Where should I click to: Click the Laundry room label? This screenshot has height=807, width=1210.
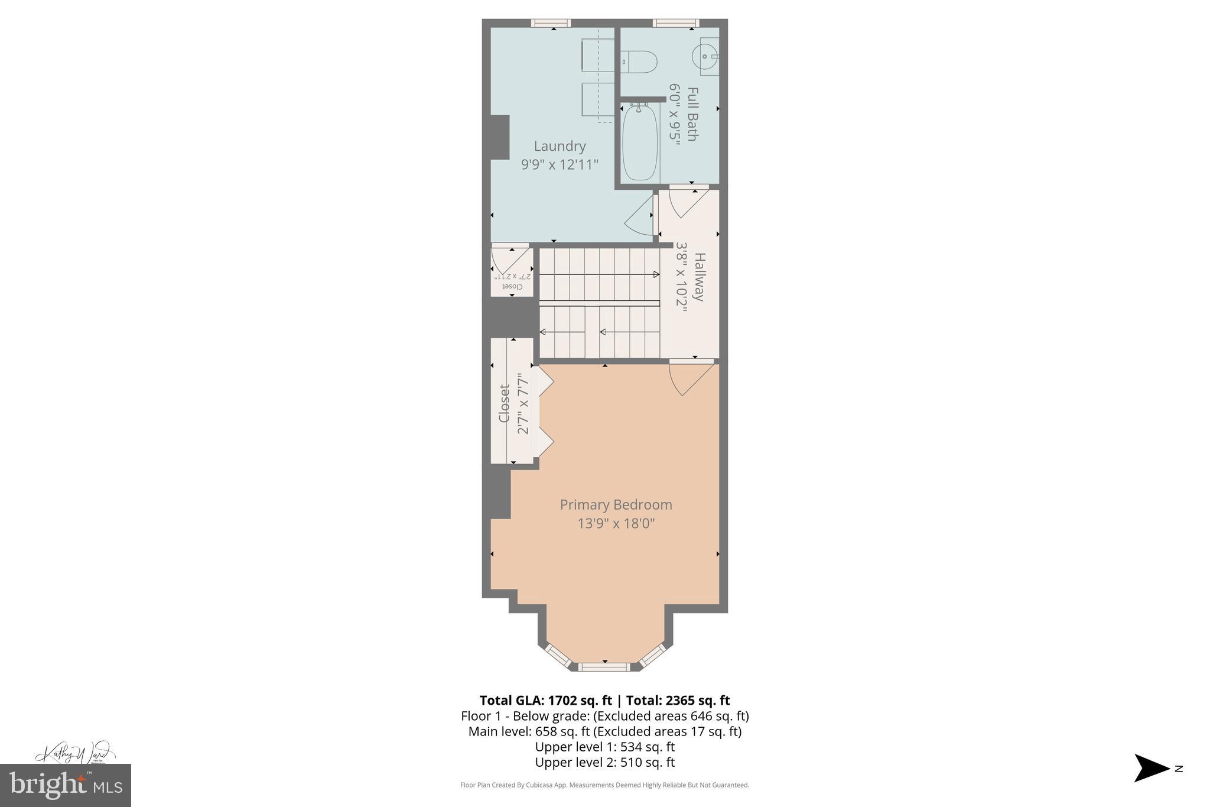[x=560, y=146]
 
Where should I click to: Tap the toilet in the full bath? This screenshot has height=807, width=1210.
[x=639, y=61]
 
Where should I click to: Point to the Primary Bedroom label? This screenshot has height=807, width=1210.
[x=616, y=505]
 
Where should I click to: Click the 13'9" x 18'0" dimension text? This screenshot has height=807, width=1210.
[x=616, y=523]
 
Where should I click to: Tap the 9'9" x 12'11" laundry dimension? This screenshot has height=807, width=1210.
[x=560, y=164]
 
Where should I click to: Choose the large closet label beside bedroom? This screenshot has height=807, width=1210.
[x=504, y=403]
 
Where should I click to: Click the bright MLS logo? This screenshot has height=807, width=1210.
[x=66, y=785]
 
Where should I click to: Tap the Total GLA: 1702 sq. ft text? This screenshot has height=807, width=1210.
[x=545, y=701]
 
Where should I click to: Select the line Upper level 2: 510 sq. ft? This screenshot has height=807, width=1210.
[x=604, y=762]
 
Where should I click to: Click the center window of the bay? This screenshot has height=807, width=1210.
[x=604, y=667]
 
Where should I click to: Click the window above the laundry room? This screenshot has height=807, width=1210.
[x=551, y=23]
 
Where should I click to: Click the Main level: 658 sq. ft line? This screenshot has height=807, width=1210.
[x=604, y=731]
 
